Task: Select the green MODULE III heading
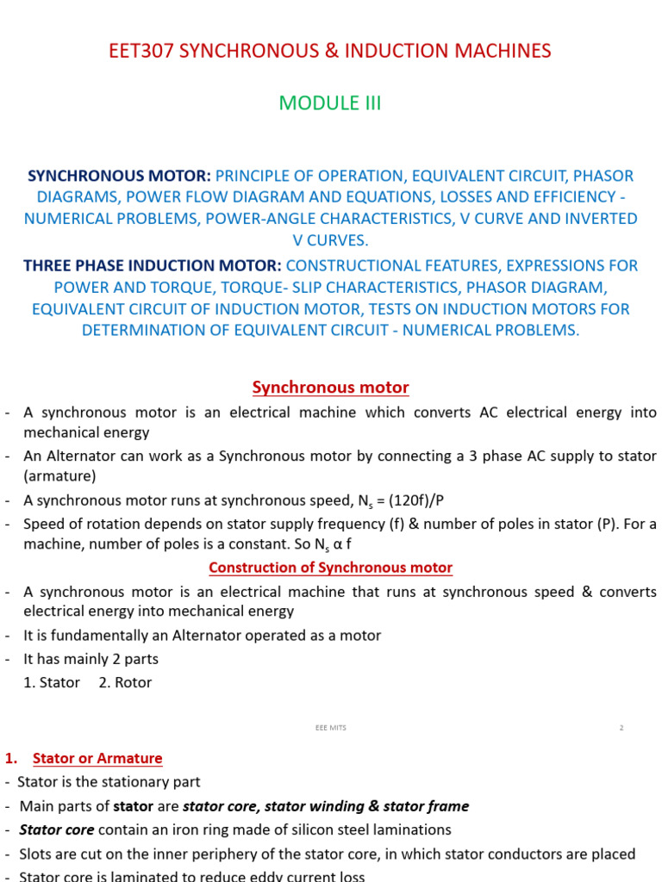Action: [330, 103]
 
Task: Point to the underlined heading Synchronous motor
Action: [330, 388]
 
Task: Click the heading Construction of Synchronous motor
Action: [330, 568]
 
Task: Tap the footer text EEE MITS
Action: [330, 728]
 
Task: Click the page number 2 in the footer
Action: [621, 728]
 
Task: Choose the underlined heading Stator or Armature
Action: [97, 759]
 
